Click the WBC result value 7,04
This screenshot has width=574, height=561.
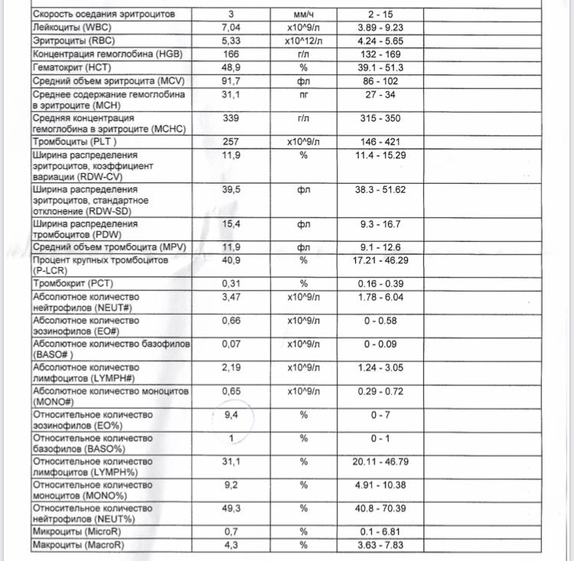[230, 27]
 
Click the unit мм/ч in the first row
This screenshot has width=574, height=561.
[303, 14]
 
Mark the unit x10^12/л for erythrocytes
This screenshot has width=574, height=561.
[303, 41]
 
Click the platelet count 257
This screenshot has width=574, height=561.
[230, 142]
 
